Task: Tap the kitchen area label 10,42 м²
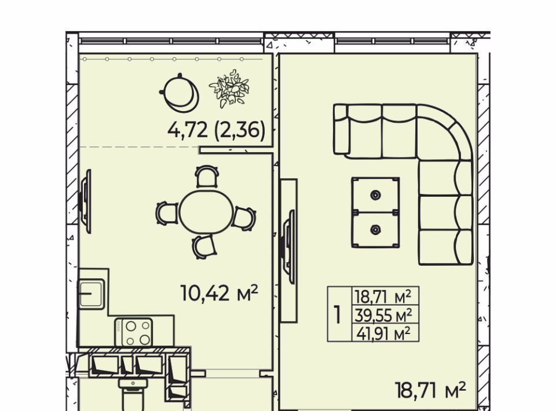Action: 219,293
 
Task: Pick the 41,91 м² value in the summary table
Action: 383,333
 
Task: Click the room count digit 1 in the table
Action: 338,314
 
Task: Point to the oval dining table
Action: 206,212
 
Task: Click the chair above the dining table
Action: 207,176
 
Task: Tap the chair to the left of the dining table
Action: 167,213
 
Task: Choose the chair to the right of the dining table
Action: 244,218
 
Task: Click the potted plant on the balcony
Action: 229,89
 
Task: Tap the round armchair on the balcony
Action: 179,92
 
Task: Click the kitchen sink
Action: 91,294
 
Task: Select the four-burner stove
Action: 134,332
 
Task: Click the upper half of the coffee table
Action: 375,195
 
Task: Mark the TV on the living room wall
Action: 288,247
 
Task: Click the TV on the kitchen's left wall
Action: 85,201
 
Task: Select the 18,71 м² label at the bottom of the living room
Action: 430,390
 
